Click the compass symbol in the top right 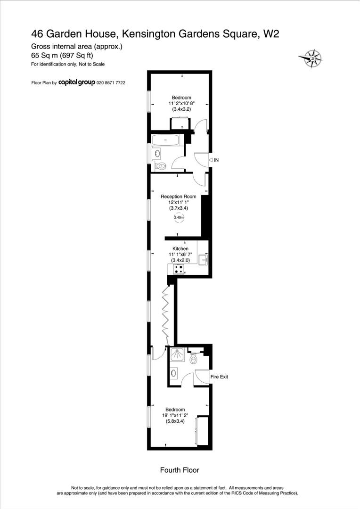click(x=311, y=58)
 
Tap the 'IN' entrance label click(x=216, y=160)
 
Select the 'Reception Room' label click(x=178, y=197)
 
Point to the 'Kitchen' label click(x=180, y=249)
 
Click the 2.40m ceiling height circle click(x=179, y=217)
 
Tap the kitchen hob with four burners click(x=179, y=269)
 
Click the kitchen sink click(x=204, y=258)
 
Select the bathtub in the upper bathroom click(x=165, y=140)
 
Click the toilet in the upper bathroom click(x=161, y=166)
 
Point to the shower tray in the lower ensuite click(x=177, y=355)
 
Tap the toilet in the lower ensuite click(x=194, y=359)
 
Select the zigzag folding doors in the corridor click(x=166, y=311)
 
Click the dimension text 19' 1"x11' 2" click(x=175, y=416)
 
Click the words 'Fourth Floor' click(x=180, y=470)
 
